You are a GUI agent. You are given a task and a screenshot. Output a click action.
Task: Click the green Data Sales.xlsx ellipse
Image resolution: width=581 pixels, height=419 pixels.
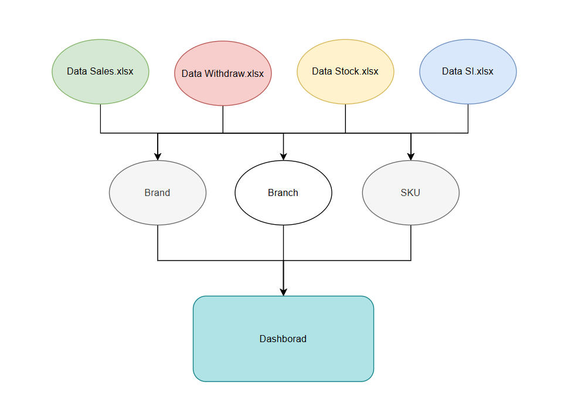(100, 72)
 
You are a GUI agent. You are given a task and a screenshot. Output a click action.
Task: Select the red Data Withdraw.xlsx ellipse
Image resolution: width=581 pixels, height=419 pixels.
(223, 73)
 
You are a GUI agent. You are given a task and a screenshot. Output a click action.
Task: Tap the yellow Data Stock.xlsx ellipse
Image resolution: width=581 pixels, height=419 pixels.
(345, 72)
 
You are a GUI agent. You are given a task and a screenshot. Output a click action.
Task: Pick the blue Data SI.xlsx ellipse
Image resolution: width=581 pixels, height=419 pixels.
(468, 72)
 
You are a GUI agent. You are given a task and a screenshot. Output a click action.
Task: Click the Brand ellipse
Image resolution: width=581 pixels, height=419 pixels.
(158, 193)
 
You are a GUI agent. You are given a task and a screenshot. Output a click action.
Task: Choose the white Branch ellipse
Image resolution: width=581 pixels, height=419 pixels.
(283, 193)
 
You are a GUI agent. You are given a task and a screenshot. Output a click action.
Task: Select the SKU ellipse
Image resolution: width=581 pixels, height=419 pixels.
(410, 193)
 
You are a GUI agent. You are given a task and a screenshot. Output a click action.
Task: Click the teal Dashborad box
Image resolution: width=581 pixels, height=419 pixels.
(283, 339)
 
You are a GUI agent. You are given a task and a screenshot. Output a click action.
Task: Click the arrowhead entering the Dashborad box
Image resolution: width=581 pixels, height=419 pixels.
(283, 292)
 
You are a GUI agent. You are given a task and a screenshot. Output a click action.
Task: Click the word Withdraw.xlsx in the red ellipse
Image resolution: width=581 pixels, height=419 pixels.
(234, 73)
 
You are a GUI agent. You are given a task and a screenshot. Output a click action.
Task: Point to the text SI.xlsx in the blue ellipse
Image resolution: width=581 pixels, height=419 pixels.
(479, 71)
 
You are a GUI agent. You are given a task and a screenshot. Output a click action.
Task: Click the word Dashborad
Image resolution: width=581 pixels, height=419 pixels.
(283, 339)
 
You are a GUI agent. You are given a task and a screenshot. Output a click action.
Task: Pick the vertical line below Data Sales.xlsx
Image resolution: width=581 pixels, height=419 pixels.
(100, 119)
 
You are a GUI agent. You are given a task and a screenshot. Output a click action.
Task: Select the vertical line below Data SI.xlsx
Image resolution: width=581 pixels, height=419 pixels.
(468, 119)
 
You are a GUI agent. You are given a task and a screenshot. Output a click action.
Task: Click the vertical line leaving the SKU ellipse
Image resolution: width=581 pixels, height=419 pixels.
(410, 242)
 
